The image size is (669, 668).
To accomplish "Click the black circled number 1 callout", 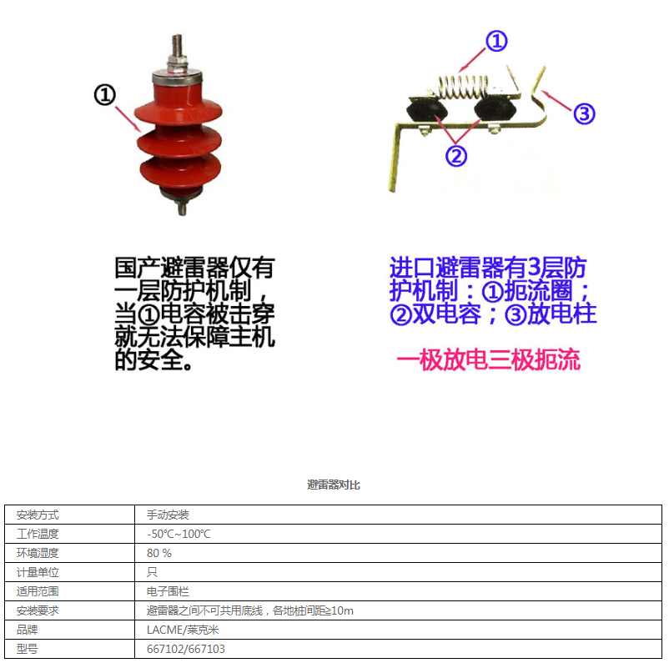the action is pos(105,95).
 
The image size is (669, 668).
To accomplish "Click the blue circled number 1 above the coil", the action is pos(496,41).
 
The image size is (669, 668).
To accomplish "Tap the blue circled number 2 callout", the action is pos(456,156).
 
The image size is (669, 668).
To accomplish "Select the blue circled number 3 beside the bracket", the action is pos(584,113).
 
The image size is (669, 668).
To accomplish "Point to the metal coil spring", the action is pos(463,86).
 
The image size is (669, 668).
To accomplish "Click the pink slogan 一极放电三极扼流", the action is pos(488,359).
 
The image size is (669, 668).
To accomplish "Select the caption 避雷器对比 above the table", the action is pos(334,485).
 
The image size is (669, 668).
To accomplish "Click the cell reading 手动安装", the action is pos(168,515).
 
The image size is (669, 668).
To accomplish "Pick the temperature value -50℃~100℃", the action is pos(179,534).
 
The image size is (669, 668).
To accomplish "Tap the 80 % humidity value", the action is pos(159,553).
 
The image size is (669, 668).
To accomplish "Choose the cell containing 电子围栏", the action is pos(168,591).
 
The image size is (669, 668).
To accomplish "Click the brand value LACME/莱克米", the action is pos(183,630).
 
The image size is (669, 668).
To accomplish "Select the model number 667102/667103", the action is pos(185,649).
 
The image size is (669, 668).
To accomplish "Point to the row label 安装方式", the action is pos(38,515).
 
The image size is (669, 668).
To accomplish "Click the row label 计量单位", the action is pos(38,572).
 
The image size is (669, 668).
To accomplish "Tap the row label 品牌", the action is pos(27,630).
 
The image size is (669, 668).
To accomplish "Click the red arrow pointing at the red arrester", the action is pos(128,119).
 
